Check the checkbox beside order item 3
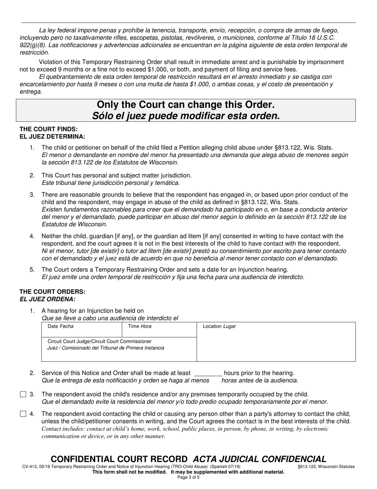click(x=23, y=394)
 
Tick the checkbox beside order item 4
click(x=23, y=414)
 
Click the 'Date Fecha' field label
click(x=60, y=326)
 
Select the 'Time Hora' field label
click(x=139, y=326)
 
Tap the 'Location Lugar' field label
click(x=219, y=326)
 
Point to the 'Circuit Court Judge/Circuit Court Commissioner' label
click(x=99, y=342)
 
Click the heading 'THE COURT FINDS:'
click(x=48, y=129)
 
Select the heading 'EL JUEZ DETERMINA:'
click(x=52, y=137)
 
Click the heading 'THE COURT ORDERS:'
click(x=52, y=292)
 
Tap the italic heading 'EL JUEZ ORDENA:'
click(x=47, y=299)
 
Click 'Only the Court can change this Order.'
click(x=185, y=105)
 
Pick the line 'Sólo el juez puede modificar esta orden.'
click(x=185, y=116)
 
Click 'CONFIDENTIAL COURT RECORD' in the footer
click(x=119, y=459)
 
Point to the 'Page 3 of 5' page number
click(x=188, y=477)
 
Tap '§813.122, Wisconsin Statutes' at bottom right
click(x=326, y=467)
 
